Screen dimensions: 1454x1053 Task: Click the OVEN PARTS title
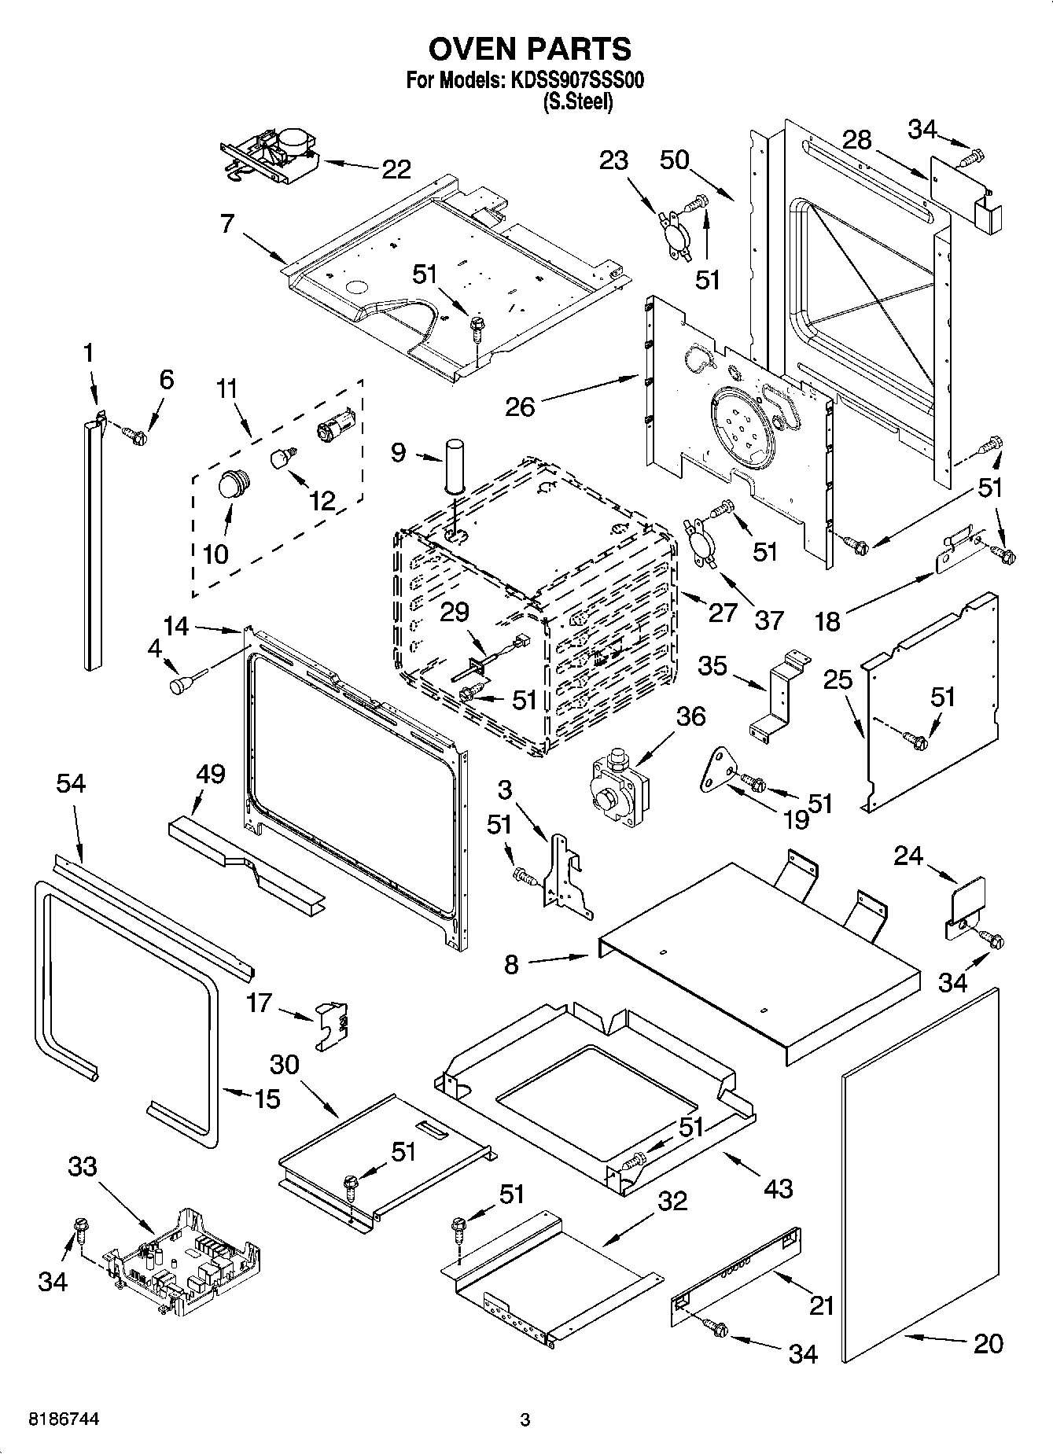(529, 49)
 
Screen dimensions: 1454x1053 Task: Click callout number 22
(396, 168)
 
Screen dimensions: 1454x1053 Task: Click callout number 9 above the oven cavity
(399, 453)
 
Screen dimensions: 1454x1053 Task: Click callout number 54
(71, 783)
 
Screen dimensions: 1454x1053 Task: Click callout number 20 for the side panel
(988, 1344)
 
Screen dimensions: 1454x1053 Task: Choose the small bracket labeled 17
(333, 1025)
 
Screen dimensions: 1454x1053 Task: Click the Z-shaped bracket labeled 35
(779, 692)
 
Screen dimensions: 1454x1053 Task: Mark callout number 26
(521, 407)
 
